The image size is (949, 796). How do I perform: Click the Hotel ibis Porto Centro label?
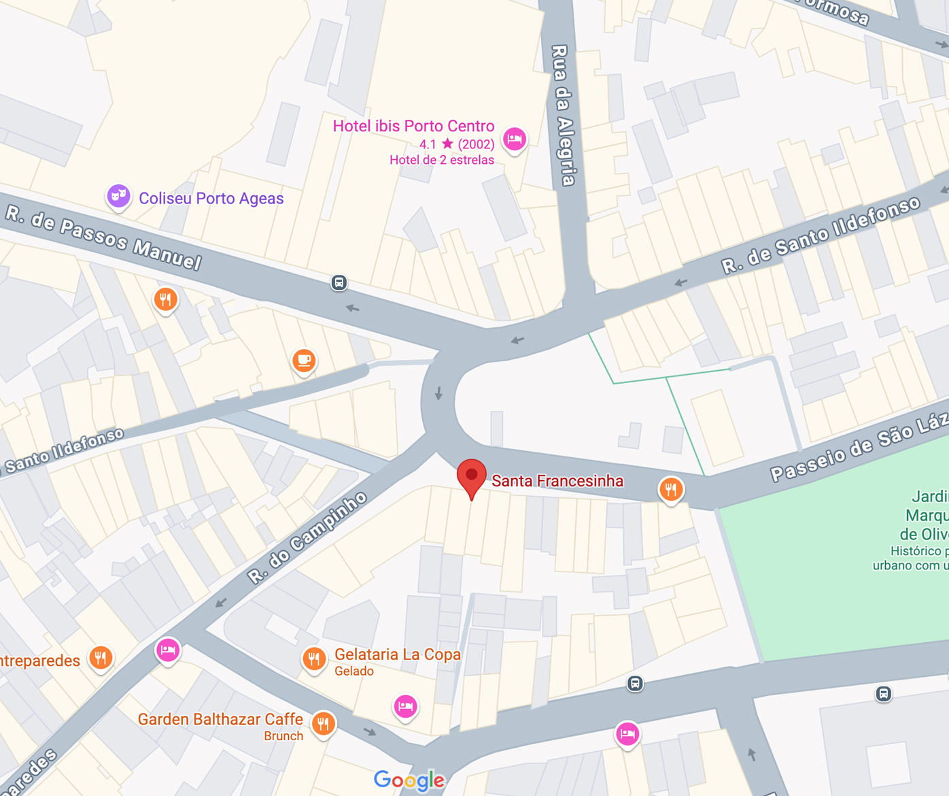tap(413, 126)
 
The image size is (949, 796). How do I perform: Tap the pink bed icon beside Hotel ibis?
tap(515, 139)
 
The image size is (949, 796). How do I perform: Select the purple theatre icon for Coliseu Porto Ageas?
tap(118, 196)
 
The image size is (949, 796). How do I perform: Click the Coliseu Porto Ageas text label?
tap(211, 199)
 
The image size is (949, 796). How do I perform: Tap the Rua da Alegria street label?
tap(562, 116)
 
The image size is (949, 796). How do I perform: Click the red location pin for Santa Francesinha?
tap(471, 476)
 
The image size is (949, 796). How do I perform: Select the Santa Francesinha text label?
tap(557, 481)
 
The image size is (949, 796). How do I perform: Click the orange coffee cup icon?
tap(304, 360)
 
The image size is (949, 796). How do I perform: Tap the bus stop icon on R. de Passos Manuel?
tap(339, 282)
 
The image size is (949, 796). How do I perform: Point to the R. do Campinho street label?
tap(307, 538)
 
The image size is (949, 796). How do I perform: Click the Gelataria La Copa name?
tap(397, 654)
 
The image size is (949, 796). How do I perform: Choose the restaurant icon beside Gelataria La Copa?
tap(313, 659)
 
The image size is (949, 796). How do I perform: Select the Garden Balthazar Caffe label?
tap(220, 719)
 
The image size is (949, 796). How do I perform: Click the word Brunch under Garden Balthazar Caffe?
tap(283, 736)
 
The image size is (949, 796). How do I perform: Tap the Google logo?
tap(409, 780)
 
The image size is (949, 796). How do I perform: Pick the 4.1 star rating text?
tap(456, 144)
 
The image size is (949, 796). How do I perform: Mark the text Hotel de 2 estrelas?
tap(442, 161)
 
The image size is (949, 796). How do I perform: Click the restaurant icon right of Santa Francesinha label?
tap(671, 488)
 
